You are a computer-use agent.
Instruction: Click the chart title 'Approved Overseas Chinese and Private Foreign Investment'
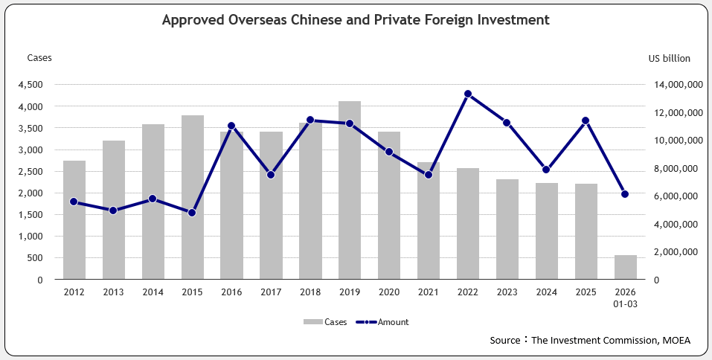point(356,20)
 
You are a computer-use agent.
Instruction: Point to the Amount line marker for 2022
point(468,94)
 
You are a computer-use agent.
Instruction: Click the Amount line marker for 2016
point(231,126)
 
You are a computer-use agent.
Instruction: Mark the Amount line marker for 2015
point(192,213)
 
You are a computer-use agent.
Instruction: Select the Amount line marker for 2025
point(586,120)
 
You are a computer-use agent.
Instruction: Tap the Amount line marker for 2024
point(546,170)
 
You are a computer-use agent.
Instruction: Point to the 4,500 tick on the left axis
point(31,85)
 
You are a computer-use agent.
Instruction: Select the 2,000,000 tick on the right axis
point(676,252)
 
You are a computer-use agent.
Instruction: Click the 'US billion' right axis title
point(670,58)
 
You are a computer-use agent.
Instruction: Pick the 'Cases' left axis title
point(39,58)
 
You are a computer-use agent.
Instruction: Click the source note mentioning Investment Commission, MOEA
point(590,341)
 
